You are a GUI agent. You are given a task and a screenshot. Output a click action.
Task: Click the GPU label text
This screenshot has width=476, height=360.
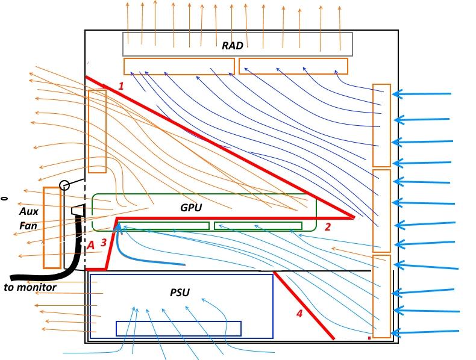pos(191,208)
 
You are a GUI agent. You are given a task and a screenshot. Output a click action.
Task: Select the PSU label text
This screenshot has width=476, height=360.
pos(179,293)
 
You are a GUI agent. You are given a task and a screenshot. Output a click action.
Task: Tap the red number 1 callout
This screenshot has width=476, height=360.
pos(121,86)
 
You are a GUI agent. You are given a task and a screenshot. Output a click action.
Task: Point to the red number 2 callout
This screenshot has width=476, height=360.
pos(327,227)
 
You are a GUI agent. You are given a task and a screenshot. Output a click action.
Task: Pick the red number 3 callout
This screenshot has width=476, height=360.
pos(104,243)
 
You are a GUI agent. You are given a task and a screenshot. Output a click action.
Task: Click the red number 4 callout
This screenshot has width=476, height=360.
pos(299,313)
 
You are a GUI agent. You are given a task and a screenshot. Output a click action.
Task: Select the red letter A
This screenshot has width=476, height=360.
pos(91,245)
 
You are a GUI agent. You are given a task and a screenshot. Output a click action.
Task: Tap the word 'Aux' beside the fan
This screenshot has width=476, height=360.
pos(28,212)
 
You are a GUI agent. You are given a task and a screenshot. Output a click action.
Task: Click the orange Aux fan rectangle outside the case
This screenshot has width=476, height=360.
pos(52,228)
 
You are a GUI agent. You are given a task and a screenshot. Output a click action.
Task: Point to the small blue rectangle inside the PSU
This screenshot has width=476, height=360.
pos(178,329)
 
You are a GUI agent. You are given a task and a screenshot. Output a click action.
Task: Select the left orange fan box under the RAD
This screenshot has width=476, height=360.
pos(179,66)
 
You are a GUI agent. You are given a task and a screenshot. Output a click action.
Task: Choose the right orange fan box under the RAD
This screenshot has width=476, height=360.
pos(293,66)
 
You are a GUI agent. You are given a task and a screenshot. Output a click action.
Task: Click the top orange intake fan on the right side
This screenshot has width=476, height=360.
pos(381,125)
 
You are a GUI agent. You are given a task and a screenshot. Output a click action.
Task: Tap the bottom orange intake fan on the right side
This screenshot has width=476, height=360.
pos(381,296)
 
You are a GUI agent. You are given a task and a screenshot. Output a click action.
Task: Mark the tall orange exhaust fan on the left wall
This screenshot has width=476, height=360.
pos(97,131)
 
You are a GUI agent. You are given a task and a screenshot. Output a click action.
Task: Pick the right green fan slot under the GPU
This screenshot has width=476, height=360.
pos(258,226)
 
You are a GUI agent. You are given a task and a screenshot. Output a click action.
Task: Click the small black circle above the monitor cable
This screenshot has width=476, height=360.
pos(65,185)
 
